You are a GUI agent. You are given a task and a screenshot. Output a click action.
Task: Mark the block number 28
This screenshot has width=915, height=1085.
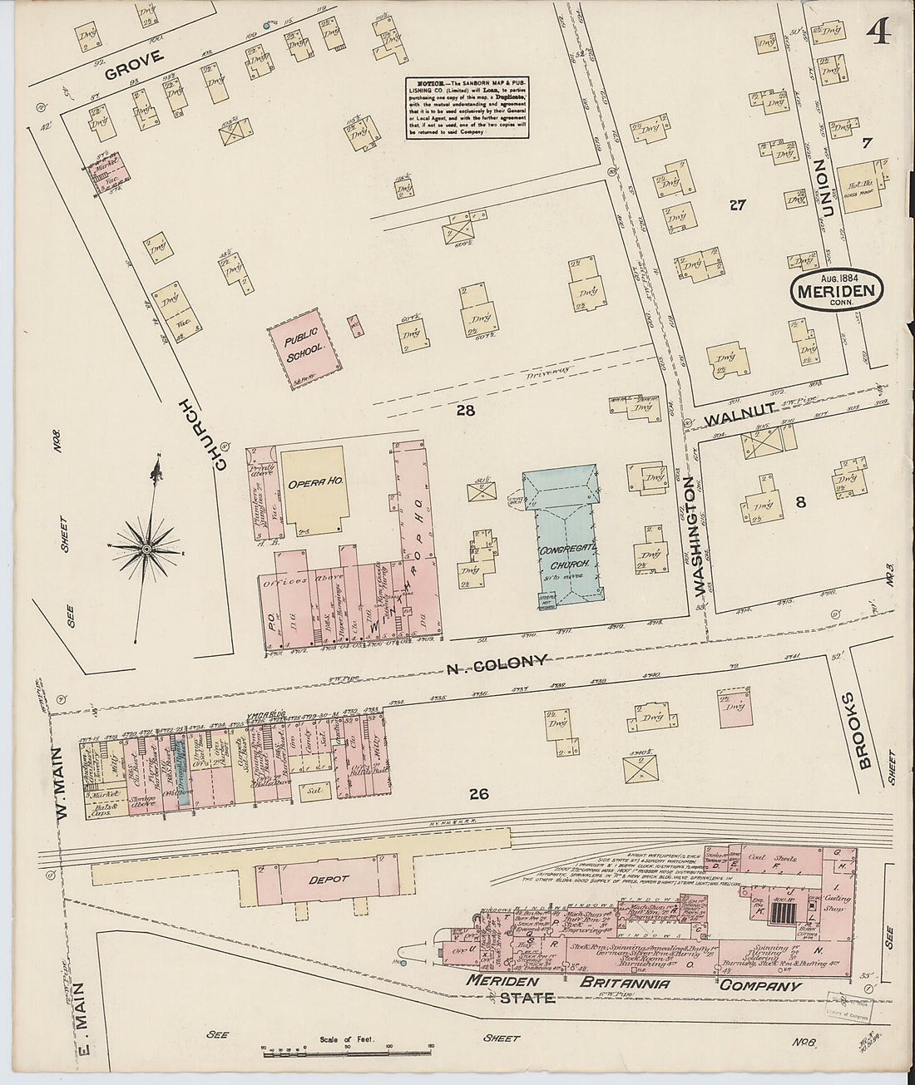[464, 409]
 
